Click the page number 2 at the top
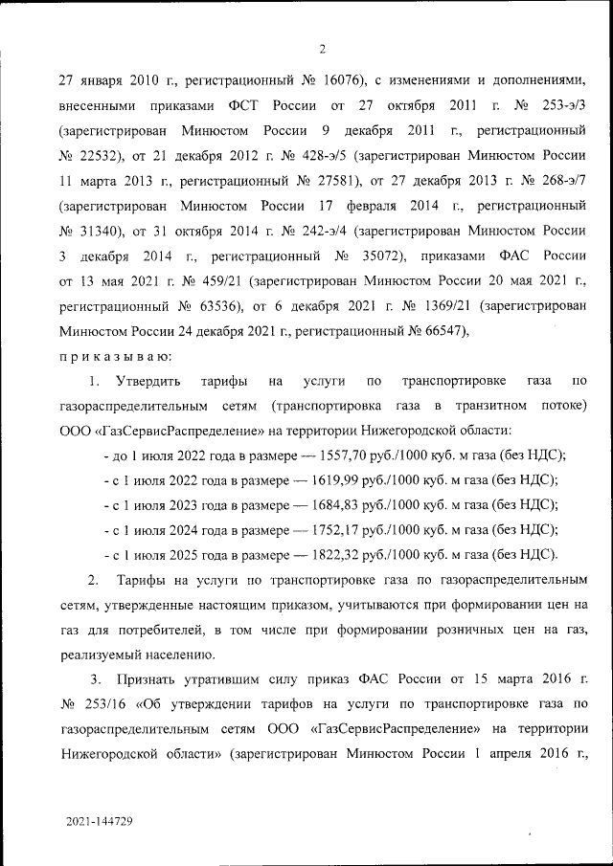point(322,49)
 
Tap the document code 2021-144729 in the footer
point(100,822)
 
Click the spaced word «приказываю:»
point(115,356)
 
